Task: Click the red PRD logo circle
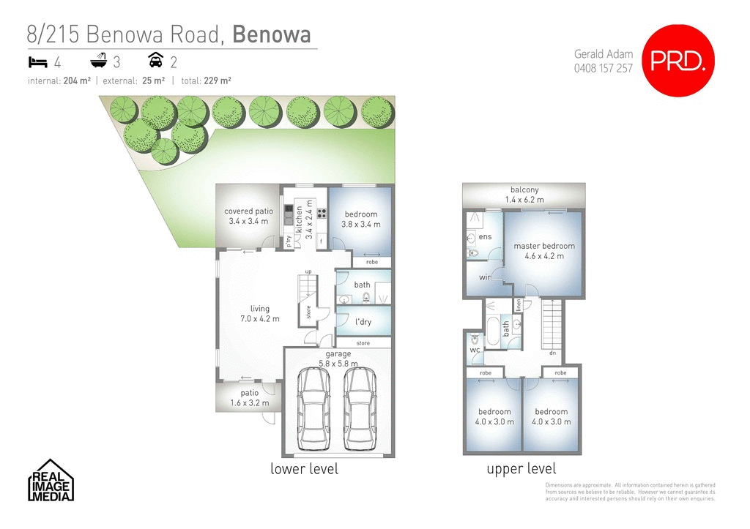(x=677, y=61)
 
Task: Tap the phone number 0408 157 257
(x=603, y=68)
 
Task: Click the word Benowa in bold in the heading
(x=271, y=34)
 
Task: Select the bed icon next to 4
(x=38, y=61)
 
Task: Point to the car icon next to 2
(x=155, y=61)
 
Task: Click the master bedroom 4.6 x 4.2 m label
(x=544, y=251)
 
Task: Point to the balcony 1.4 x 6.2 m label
(x=524, y=195)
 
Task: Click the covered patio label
(x=248, y=216)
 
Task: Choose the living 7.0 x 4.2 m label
(x=259, y=313)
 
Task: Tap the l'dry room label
(x=363, y=322)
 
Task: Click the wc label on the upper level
(x=474, y=350)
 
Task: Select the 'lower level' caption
(x=304, y=469)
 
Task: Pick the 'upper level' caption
(x=521, y=469)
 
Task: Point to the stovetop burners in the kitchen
(x=321, y=214)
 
